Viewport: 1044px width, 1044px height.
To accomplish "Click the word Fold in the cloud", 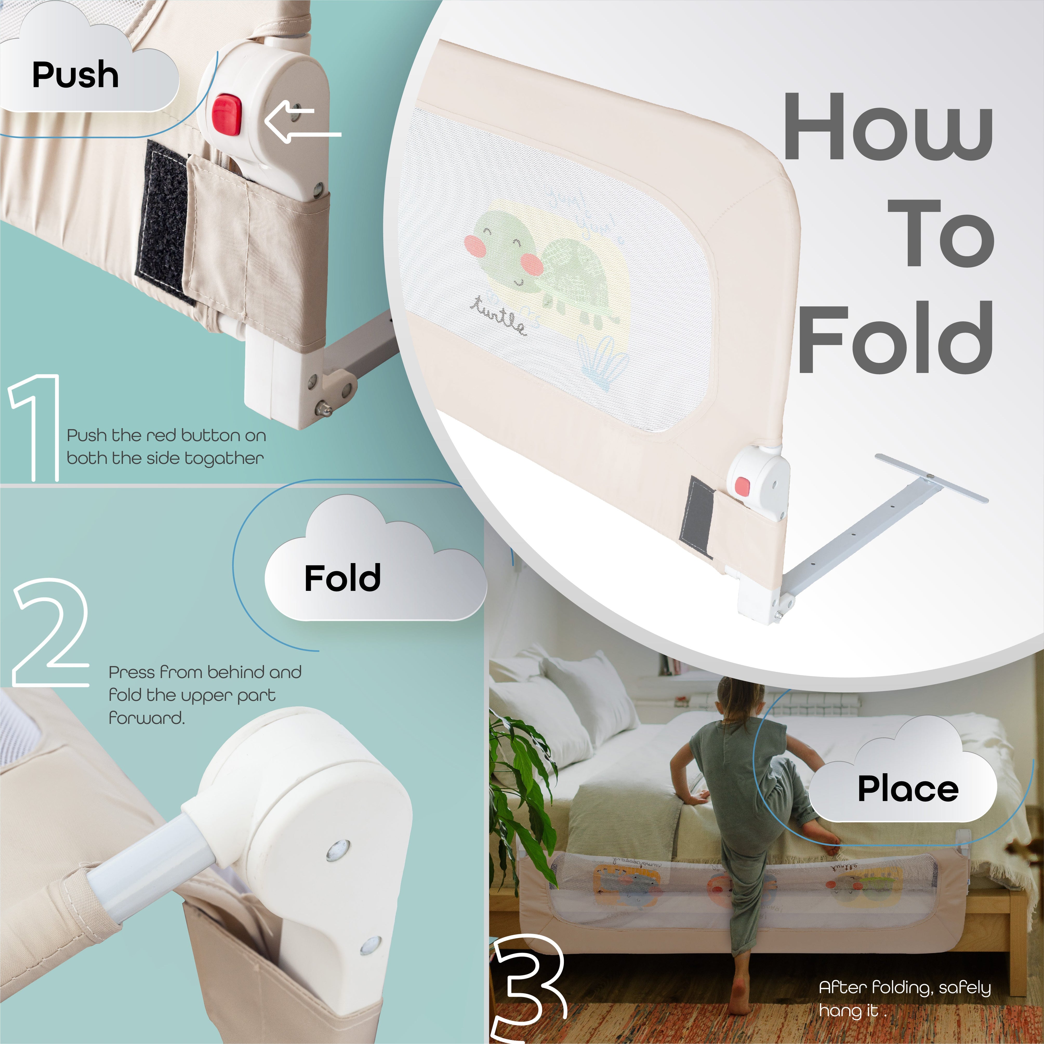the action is (x=343, y=578).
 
